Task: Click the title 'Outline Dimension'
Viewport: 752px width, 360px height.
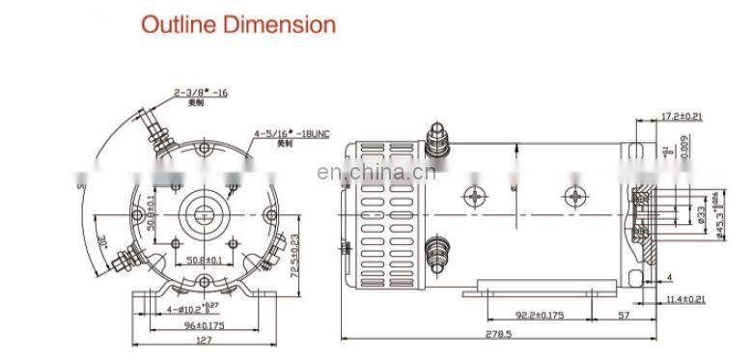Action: pyautogui.click(x=238, y=24)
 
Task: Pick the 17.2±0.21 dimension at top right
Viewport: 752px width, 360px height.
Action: pyautogui.click(x=682, y=118)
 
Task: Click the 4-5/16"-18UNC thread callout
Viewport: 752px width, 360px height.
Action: pyautogui.click(x=292, y=134)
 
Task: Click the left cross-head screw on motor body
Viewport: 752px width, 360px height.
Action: pyautogui.click(x=473, y=198)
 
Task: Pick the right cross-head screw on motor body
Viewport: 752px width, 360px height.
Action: pyautogui.click(x=575, y=198)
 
